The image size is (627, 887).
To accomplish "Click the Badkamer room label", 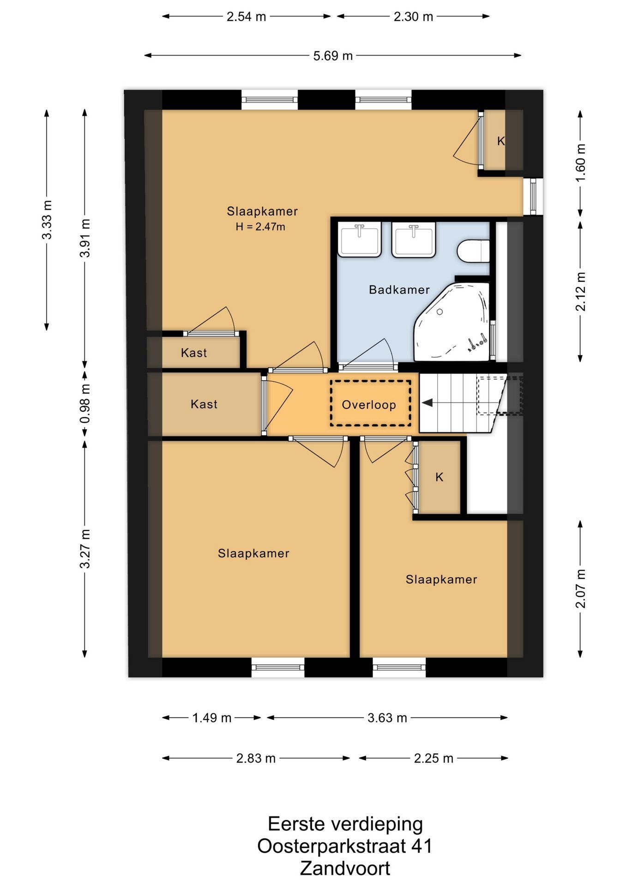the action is point(399,290).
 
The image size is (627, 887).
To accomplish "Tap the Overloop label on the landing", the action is point(369,405).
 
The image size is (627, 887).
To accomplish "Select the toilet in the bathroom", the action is point(473,251).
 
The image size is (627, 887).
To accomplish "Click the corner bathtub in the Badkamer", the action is point(452,322).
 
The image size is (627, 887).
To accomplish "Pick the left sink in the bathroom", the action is point(359,239).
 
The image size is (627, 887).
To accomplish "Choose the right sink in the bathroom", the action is point(414,239).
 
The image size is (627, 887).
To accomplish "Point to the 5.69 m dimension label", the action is point(333,56).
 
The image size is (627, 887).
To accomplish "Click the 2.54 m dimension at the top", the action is point(247,17).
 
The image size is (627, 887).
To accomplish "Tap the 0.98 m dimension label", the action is point(85,404).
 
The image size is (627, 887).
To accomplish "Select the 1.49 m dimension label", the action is point(212,717).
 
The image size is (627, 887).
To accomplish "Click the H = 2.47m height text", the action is point(260,226).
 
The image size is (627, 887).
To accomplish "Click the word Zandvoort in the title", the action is point(345,869).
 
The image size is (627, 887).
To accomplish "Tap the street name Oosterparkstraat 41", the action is point(345,846).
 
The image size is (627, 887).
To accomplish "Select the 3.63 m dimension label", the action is point(387,717).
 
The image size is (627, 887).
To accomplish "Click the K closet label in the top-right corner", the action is point(501,141).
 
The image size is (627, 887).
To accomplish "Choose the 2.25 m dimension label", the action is point(433,758).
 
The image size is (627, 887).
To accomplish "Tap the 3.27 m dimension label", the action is point(85,549).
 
